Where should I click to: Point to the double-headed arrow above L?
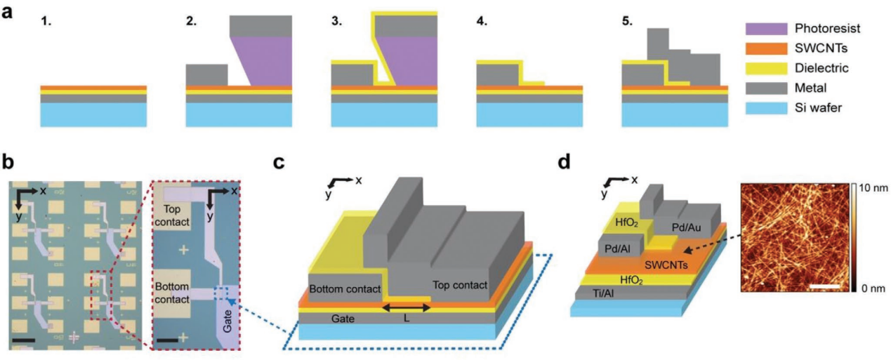[x=406, y=306]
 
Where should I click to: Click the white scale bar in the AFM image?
[x=828, y=285]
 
